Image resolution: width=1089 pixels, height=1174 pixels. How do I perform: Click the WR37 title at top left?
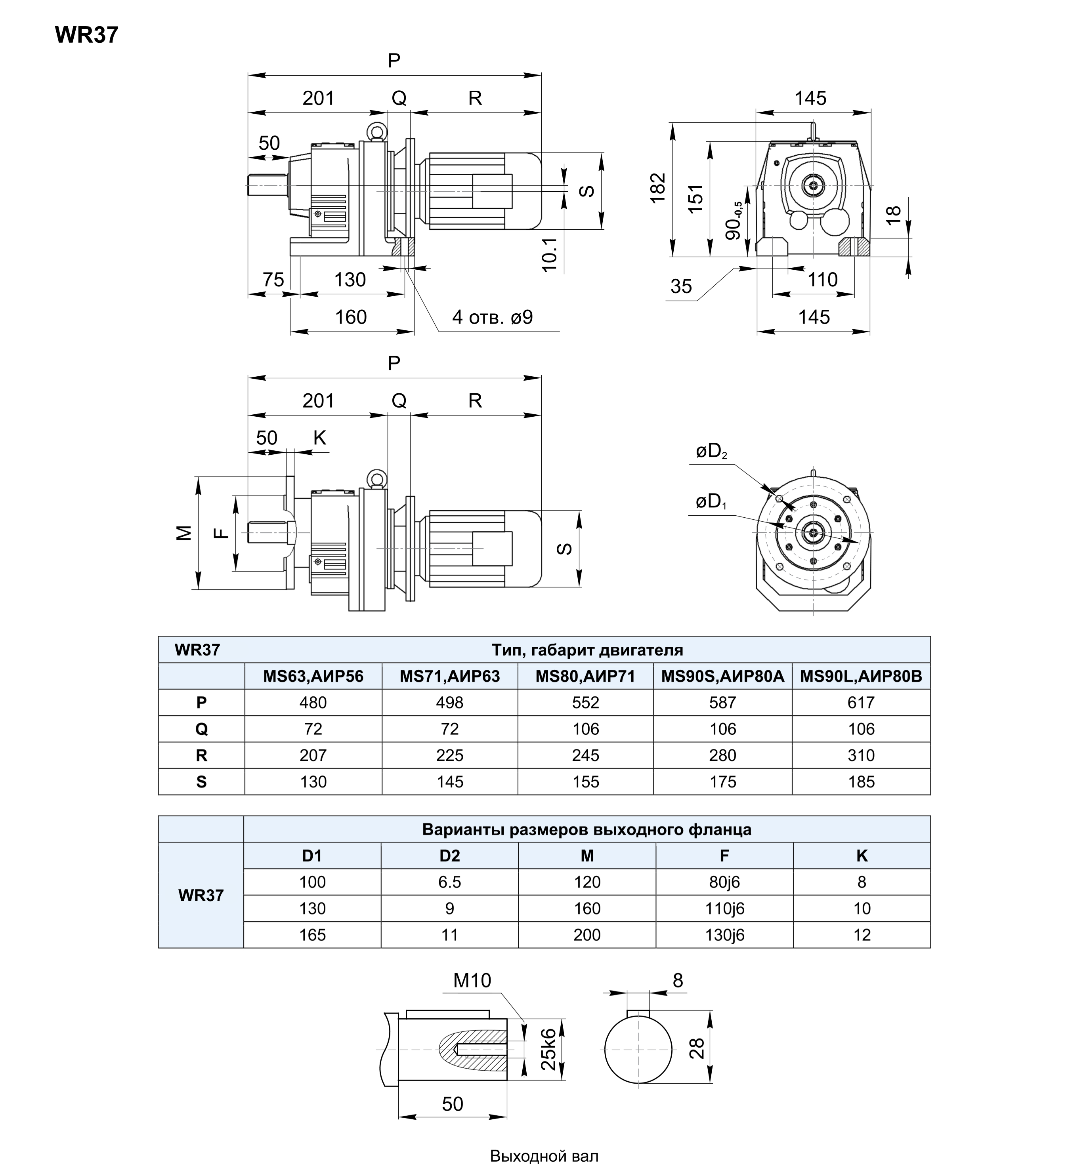click(x=87, y=35)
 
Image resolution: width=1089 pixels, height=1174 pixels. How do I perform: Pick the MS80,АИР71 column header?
click(x=585, y=676)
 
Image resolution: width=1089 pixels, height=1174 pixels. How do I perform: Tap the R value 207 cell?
click(x=313, y=755)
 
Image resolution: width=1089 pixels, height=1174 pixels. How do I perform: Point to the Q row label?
click(x=202, y=729)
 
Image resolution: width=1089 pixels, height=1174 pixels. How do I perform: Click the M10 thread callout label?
click(x=472, y=980)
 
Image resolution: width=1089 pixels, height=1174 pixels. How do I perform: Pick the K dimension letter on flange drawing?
click(x=319, y=438)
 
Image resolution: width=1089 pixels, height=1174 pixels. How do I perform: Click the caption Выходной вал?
click(x=544, y=1156)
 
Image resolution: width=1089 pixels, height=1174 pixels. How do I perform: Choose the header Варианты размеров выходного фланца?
click(x=587, y=829)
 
